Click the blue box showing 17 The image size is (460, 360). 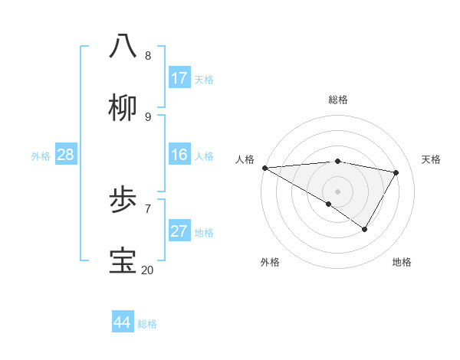tap(179, 78)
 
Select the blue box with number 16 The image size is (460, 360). tap(179, 155)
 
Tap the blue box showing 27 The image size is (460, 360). tap(179, 231)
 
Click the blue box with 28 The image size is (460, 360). tap(66, 155)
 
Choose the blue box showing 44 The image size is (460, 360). tap(123, 322)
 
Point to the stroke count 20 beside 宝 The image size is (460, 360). tap(147, 270)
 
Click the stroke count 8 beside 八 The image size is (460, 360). tap(148, 56)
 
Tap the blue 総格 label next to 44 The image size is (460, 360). tap(147, 324)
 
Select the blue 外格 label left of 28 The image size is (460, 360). tap(41, 156)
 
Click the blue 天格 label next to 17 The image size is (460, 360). tap(204, 80)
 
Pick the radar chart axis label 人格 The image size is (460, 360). tap(245, 159)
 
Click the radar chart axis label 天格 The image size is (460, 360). tap(431, 159)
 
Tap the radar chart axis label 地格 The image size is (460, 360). tap(402, 262)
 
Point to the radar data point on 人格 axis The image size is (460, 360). tap(264, 168)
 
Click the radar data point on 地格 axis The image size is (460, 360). tap(365, 229)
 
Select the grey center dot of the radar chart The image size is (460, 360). tap(337, 191)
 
